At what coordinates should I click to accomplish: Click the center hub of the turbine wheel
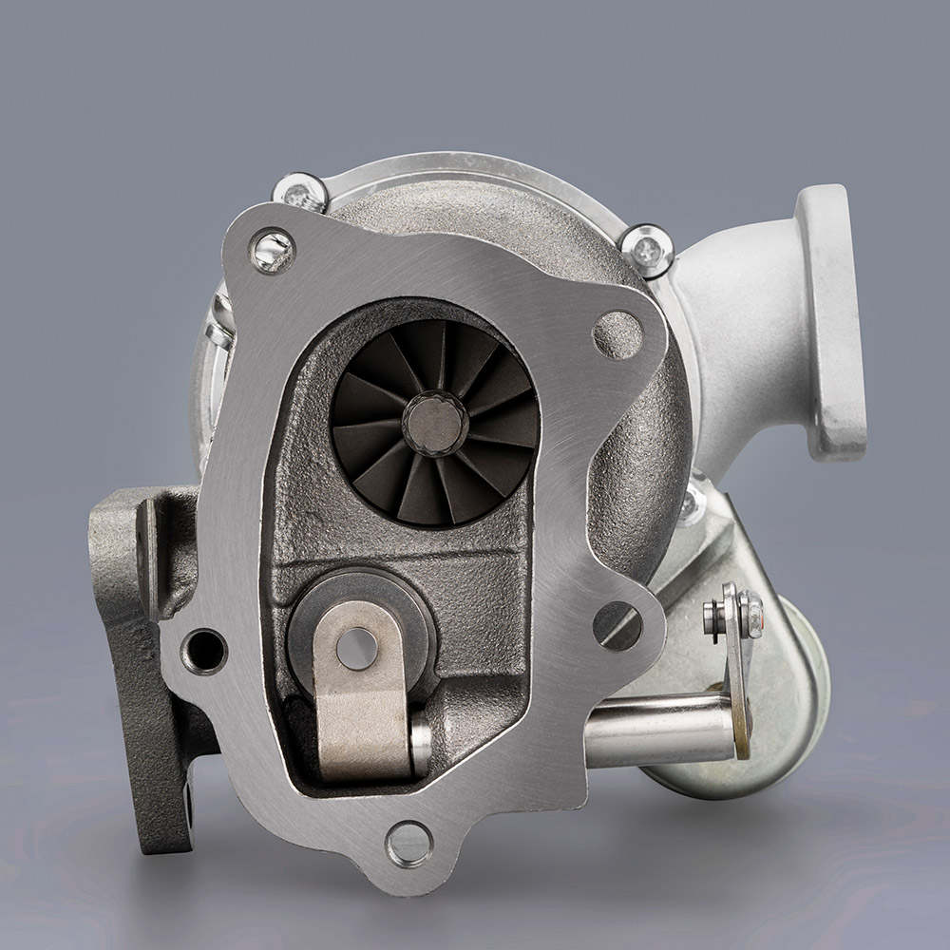pyautogui.click(x=434, y=423)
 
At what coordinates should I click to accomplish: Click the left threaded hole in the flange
pyautogui.click(x=203, y=652)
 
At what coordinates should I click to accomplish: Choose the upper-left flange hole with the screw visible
pyautogui.click(x=272, y=251)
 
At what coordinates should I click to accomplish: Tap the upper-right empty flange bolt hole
pyautogui.click(x=617, y=334)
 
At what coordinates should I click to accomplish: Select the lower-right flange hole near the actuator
pyautogui.click(x=617, y=626)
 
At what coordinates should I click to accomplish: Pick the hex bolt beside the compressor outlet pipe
pyautogui.click(x=647, y=250)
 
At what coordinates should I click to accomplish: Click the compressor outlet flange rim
pyautogui.click(x=832, y=323)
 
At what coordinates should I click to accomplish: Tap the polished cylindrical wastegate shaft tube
pyautogui.click(x=655, y=730)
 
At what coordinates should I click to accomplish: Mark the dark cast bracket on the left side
pyautogui.click(x=133, y=646)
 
